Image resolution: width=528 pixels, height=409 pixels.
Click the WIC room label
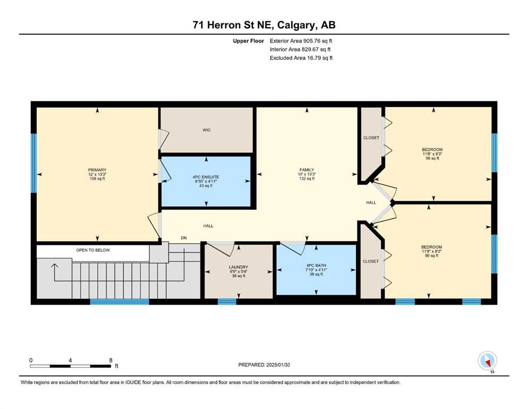[206, 130]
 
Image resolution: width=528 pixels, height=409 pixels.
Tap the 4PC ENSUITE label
[206, 177]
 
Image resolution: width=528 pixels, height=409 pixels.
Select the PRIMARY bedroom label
[97, 170]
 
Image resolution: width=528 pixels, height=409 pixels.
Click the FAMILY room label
[307, 170]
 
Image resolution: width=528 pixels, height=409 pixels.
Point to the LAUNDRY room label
[238, 267]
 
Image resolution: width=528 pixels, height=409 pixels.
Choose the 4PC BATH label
[316, 265]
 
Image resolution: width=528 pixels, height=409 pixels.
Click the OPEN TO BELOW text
[93, 250]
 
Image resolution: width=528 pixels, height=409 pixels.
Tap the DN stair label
[183, 238]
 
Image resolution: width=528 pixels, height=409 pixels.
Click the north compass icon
[487, 361]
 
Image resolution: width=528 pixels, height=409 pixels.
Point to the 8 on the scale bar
[111, 361]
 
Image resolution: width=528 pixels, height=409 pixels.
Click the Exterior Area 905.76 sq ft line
[301, 41]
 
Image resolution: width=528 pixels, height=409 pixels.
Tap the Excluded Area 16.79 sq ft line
[301, 58]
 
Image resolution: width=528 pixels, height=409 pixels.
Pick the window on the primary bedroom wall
[33, 163]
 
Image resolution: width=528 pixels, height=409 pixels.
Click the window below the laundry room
[227, 301]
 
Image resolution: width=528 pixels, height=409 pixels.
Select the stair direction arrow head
[54, 266]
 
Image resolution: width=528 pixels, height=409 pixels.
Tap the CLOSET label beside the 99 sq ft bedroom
[371, 261]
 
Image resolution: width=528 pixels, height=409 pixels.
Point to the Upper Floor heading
[248, 41]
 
